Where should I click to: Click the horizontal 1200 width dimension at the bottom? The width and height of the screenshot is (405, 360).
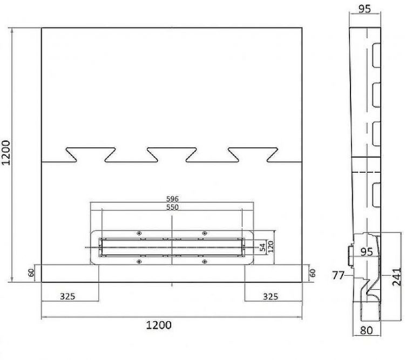click(x=159, y=324)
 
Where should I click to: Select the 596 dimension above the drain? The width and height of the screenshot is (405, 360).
click(x=172, y=199)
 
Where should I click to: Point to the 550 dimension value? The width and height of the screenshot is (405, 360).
click(x=172, y=207)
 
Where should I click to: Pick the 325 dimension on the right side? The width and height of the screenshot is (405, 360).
click(x=273, y=296)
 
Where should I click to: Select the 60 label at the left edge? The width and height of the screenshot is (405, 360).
click(x=32, y=273)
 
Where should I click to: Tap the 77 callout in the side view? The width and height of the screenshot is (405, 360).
click(x=338, y=275)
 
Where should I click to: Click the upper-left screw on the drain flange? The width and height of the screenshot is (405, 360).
click(x=140, y=233)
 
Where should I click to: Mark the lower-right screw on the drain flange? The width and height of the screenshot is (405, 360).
click(x=204, y=262)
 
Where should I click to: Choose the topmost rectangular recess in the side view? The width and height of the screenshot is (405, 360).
click(x=376, y=55)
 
